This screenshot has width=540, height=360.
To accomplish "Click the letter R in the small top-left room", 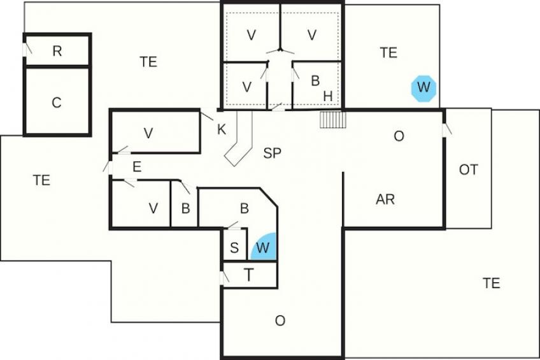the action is tap(57, 52).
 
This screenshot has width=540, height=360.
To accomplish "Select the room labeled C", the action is tap(57, 101).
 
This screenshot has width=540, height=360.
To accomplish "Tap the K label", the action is tap(222, 129).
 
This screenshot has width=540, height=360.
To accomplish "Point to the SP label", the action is tap(272, 153).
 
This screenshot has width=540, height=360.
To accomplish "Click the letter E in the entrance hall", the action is tap(137, 167).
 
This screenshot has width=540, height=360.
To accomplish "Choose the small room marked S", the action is tap(235, 245).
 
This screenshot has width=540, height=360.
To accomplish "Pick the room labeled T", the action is tap(250, 275).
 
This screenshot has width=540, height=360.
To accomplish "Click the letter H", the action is tap(328, 96).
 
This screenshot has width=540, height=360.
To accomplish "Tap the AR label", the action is tap(385, 199).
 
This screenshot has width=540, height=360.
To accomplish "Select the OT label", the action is tap(469, 169).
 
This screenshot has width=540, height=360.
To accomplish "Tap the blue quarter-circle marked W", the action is tap(264, 247).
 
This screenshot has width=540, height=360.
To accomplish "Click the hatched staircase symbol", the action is tap(332, 120).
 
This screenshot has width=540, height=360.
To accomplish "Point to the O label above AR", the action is tap(399, 136).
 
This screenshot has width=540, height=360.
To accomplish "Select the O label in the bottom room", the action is tap(280, 320).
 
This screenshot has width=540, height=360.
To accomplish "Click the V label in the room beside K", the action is tap(148, 133).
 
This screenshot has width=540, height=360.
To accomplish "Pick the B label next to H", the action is tap(315, 81).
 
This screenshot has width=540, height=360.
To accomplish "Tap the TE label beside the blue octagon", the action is tap(388, 52).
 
